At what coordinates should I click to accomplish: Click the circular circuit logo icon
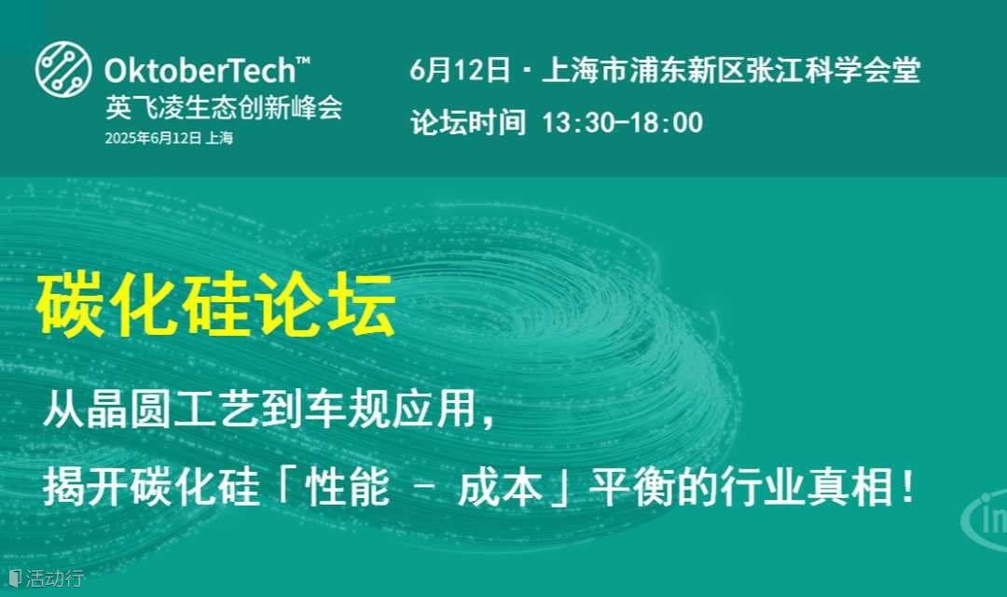[63, 69]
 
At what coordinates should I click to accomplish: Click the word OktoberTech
[200, 70]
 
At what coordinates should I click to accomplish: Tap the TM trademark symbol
[303, 61]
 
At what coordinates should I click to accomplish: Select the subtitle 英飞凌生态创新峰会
[224, 107]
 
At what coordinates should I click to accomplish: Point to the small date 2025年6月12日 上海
[169, 138]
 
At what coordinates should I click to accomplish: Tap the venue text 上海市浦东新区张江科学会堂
[732, 69]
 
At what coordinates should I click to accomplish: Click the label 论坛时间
[468, 122]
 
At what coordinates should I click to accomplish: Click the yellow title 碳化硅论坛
[215, 305]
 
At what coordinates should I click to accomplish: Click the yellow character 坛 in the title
[362, 305]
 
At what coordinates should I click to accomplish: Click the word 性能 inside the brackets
[348, 487]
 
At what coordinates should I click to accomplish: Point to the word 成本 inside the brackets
[501, 487]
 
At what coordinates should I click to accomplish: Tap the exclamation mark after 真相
[907, 487]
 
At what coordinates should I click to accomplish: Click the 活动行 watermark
[47, 577]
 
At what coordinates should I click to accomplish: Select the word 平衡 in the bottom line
[632, 487]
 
